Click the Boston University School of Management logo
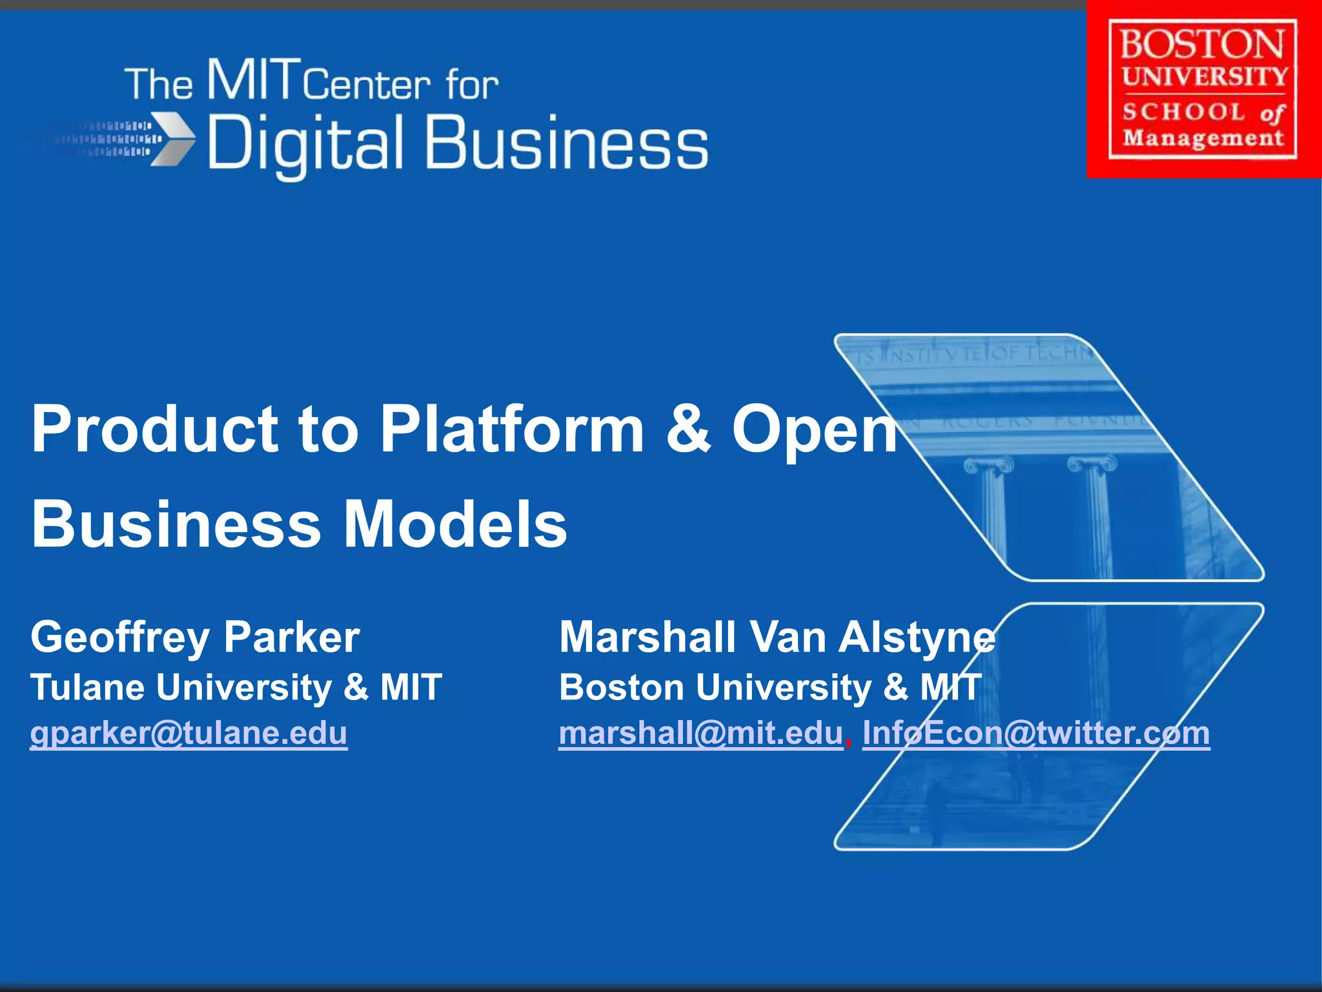coord(1203,89)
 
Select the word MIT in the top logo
coord(254,80)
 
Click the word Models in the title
coord(454,524)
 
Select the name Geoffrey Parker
coord(195,637)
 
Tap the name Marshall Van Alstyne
coord(777,637)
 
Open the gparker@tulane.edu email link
coord(188,733)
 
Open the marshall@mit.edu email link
coord(700,733)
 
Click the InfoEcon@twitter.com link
coord(1035,733)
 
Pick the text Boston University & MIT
coord(769,687)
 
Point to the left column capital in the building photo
coord(988,465)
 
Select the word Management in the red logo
coord(1203,138)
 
